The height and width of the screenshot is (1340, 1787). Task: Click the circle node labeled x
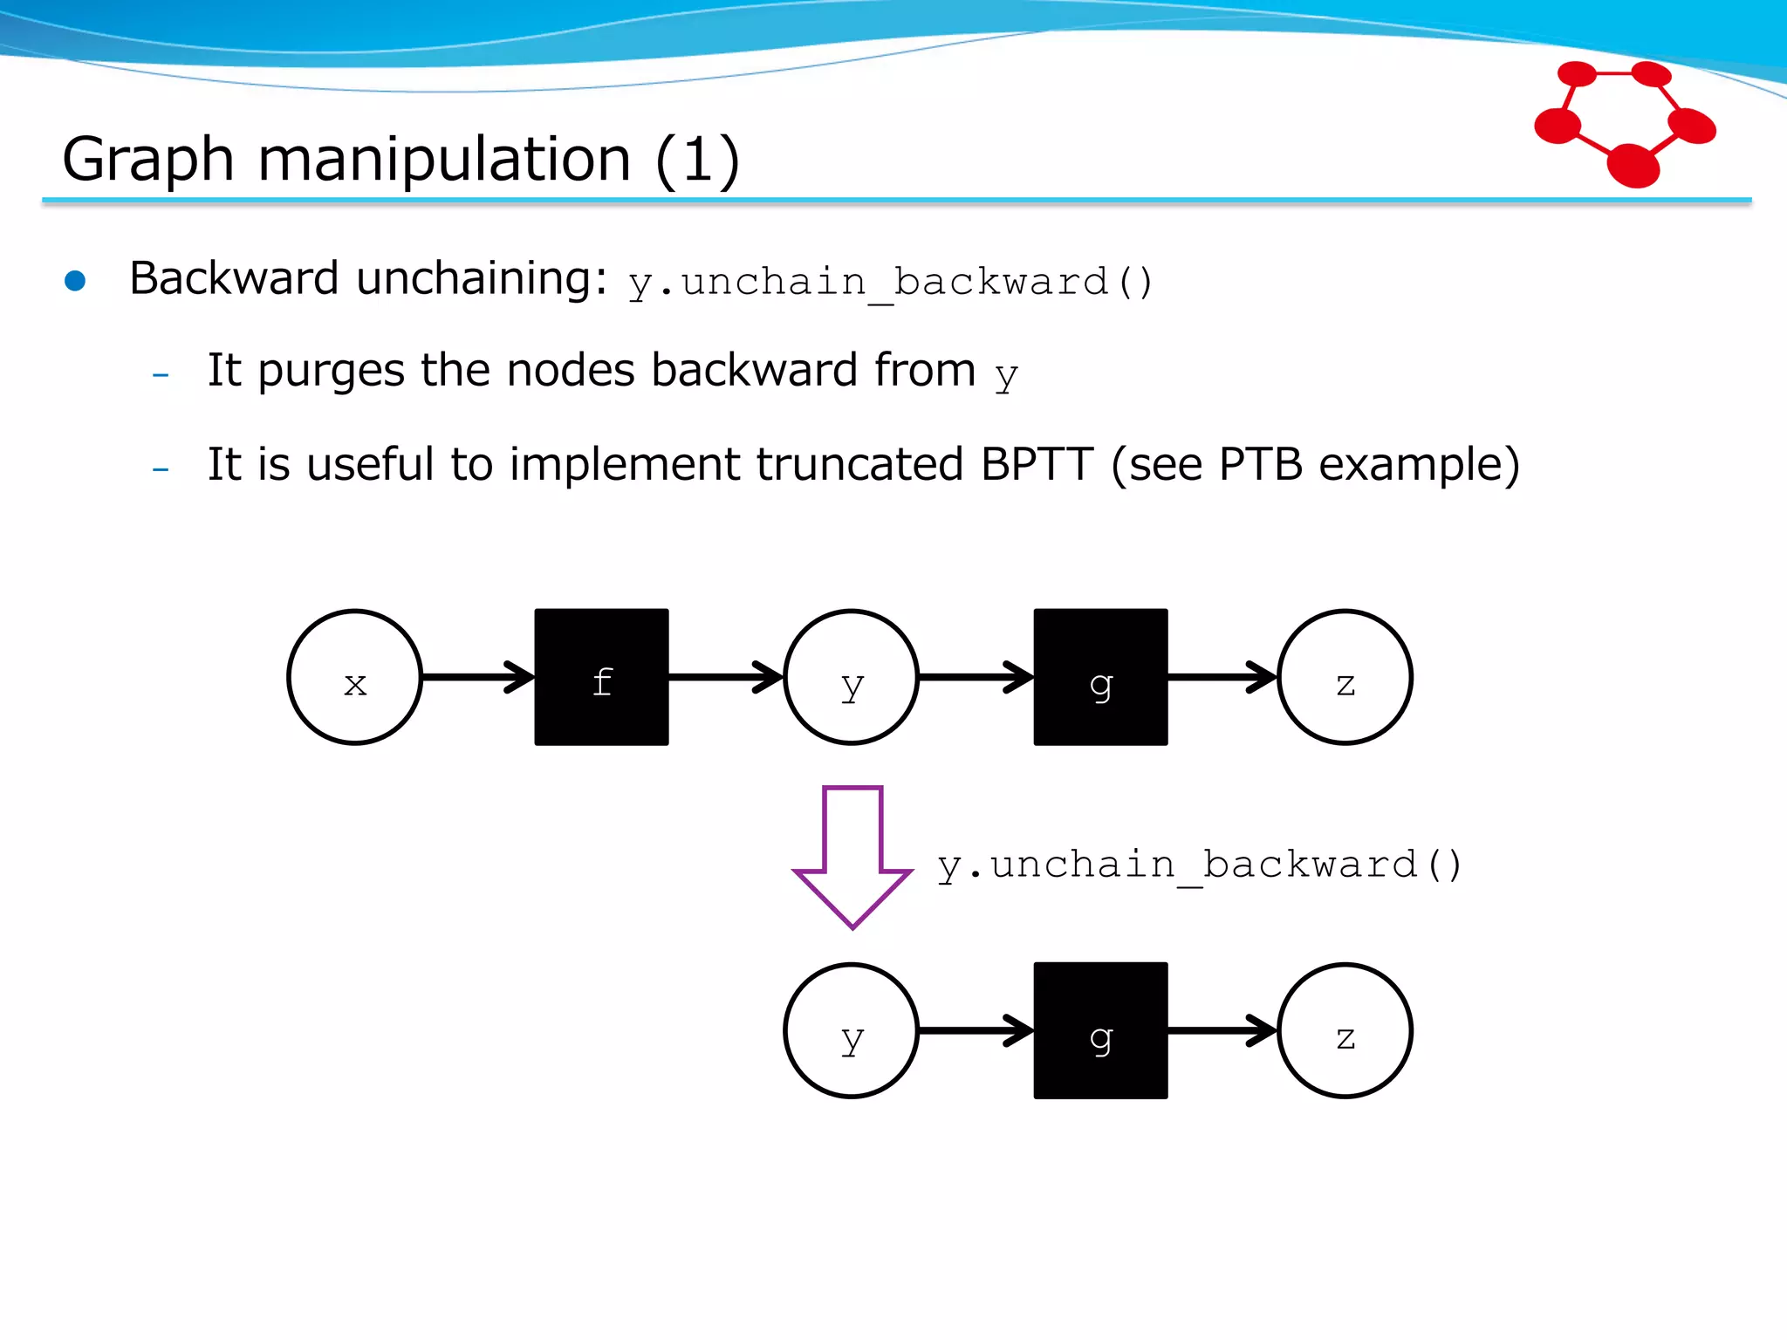point(354,677)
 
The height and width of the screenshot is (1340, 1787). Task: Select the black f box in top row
point(601,677)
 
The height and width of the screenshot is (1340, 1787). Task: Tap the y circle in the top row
point(851,677)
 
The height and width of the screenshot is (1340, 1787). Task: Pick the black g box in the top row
point(1100,677)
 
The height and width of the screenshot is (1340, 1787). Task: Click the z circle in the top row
point(1345,677)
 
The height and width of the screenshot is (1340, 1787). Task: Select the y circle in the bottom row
point(851,1030)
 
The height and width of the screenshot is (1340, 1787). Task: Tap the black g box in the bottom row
point(1100,1030)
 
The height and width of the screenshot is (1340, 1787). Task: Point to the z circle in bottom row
point(1345,1030)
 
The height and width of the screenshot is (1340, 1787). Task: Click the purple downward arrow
point(852,855)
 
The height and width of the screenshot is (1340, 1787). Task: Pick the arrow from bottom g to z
point(1222,1030)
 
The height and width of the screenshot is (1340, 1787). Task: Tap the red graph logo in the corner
point(1625,122)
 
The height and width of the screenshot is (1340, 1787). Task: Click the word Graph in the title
point(148,160)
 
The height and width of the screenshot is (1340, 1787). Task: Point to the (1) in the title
point(697,160)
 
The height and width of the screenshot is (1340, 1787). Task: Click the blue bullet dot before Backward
point(75,281)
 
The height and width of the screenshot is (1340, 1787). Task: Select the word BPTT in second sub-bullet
point(1037,464)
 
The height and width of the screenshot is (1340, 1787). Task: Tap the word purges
point(331,371)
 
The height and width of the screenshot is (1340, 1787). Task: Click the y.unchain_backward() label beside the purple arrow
point(1198,865)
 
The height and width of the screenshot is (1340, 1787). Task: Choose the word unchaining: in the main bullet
point(482,279)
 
